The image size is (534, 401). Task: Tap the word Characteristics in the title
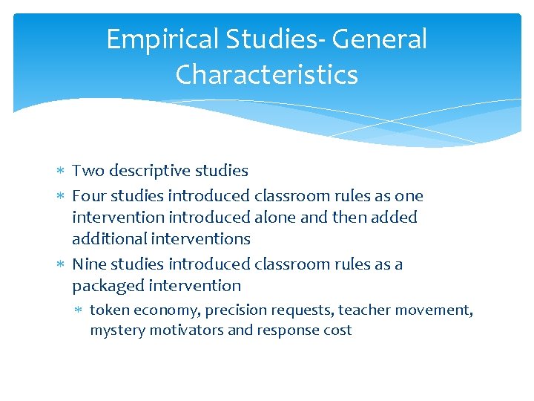(267, 74)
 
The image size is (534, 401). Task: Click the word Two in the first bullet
(88, 171)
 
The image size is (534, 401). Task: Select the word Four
(88, 196)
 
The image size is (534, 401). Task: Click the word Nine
(89, 264)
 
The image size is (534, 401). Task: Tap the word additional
(109, 239)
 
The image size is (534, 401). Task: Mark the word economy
(168, 310)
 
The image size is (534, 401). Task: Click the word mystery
(117, 330)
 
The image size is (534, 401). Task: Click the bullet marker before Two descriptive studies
(61, 172)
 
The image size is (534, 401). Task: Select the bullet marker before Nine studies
(61, 265)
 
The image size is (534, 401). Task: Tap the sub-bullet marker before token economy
(80, 310)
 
